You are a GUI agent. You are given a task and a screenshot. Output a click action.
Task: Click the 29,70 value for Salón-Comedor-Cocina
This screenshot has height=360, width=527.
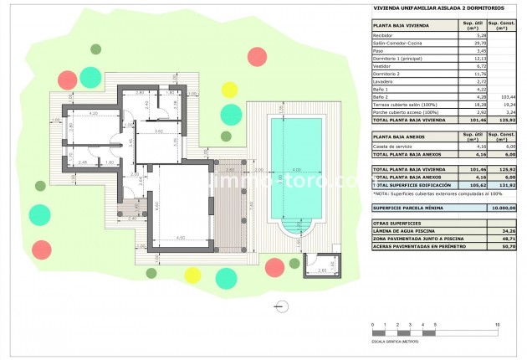point(474,43)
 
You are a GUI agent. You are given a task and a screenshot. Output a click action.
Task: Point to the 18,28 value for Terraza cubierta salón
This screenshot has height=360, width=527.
point(474,104)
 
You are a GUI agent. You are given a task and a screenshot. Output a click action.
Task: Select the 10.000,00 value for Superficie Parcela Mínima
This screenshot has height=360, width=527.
point(502,207)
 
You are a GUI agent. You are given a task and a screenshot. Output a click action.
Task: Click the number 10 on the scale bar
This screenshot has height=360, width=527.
point(499,324)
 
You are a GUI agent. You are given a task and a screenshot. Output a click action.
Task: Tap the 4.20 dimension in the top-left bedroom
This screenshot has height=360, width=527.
point(94,113)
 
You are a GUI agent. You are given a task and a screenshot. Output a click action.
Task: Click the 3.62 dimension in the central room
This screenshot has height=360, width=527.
point(159,131)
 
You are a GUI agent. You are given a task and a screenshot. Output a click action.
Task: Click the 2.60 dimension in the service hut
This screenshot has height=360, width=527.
point(321,271)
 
